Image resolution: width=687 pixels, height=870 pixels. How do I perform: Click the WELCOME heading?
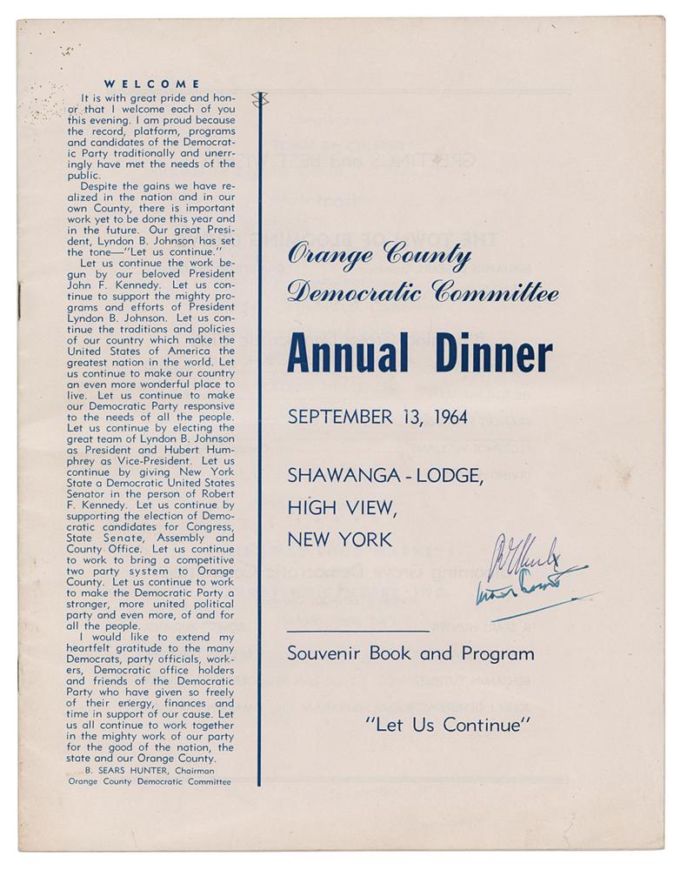click(x=152, y=84)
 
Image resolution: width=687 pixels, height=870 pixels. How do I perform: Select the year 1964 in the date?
click(x=444, y=417)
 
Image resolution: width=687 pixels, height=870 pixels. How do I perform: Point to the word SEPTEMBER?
click(x=340, y=417)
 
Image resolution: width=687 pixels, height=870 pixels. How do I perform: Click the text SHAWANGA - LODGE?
click(x=385, y=475)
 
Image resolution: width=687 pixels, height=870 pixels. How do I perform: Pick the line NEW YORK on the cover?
click(x=340, y=539)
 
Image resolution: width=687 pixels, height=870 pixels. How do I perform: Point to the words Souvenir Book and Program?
click(x=410, y=653)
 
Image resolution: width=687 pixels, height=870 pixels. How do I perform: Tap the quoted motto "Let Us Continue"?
click(x=448, y=723)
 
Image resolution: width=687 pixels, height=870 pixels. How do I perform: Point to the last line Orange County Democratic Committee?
click(x=150, y=780)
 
